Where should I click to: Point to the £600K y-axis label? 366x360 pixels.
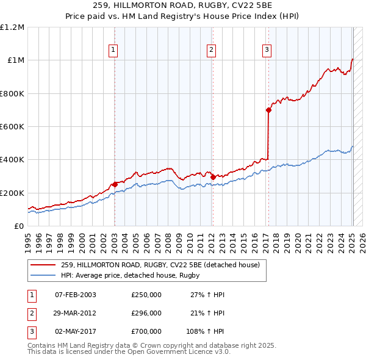tap(12, 126)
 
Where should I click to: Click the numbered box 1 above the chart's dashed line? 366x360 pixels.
tap(114, 51)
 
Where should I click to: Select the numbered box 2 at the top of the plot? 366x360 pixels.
tap(211, 51)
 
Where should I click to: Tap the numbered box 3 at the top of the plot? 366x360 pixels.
tap(267, 51)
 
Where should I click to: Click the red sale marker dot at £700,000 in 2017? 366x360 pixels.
tap(268, 110)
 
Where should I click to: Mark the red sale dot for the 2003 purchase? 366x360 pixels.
tap(115, 184)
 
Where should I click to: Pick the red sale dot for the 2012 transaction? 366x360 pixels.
tap(213, 177)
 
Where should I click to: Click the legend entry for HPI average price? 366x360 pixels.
tap(135, 275)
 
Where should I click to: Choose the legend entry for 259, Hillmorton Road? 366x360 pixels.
tap(160, 265)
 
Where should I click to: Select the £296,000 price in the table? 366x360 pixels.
tap(146, 313)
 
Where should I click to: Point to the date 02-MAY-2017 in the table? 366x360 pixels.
tap(76, 331)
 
